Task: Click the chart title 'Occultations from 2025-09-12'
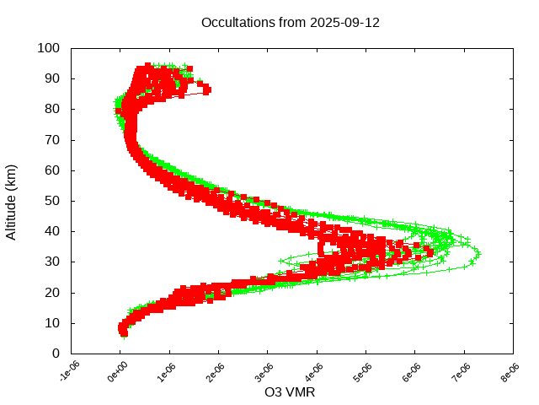291,23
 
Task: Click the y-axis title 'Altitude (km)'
12,201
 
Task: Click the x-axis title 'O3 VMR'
291,392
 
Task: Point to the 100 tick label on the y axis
48,49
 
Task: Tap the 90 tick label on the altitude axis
51,79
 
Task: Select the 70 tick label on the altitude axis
51,140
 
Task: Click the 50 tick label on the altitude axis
51,201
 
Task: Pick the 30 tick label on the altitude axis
51,262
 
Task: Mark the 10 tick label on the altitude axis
51,323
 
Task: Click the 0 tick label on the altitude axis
55,354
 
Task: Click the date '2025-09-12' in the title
344,23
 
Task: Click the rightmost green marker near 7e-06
478,252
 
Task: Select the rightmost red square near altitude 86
206,89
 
